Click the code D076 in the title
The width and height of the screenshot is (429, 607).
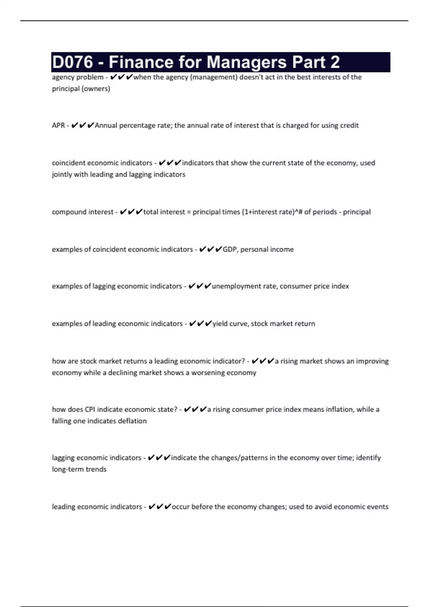73,62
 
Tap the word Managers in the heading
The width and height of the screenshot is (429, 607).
247,62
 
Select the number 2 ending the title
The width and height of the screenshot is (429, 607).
335,62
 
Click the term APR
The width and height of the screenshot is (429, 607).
58,125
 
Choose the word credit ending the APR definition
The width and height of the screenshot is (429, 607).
349,125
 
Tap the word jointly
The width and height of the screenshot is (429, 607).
62,175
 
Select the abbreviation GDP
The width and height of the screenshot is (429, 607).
230,249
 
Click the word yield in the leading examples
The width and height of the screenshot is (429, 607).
220,324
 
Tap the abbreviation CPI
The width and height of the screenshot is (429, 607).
90,409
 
